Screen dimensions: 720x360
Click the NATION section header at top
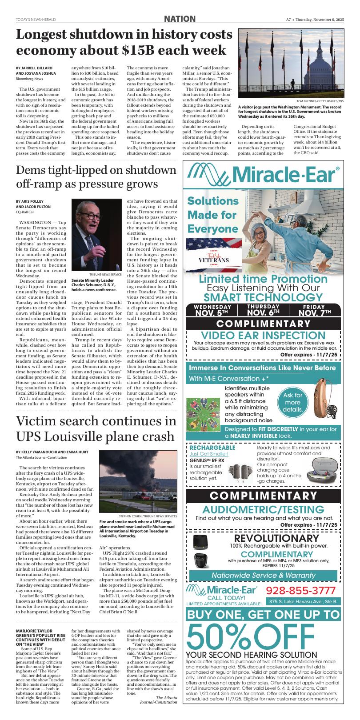click(180, 19)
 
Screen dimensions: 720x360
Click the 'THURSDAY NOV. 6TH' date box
click(263, 310)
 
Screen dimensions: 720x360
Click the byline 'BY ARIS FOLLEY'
click(29, 201)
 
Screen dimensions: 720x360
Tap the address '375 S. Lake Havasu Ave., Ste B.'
click(304, 602)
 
